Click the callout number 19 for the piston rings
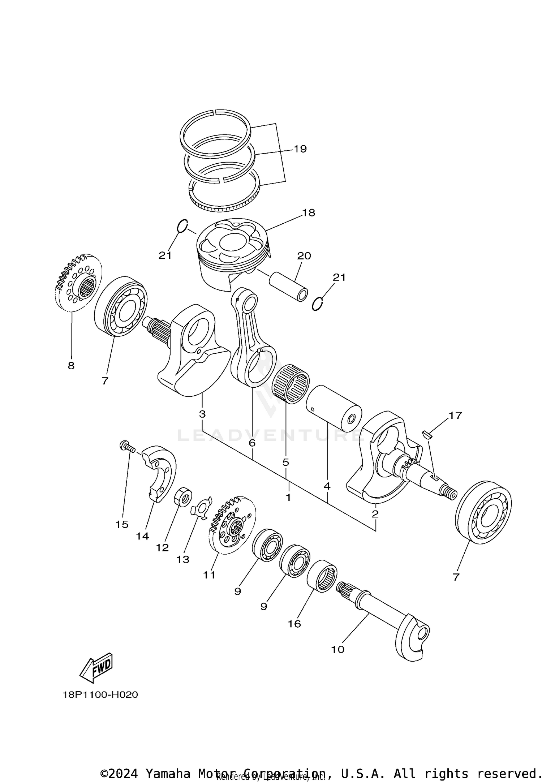300,149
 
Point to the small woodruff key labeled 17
427,434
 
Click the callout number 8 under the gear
71,365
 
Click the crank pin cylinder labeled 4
334,408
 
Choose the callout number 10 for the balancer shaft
338,649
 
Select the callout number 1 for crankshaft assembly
288,497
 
